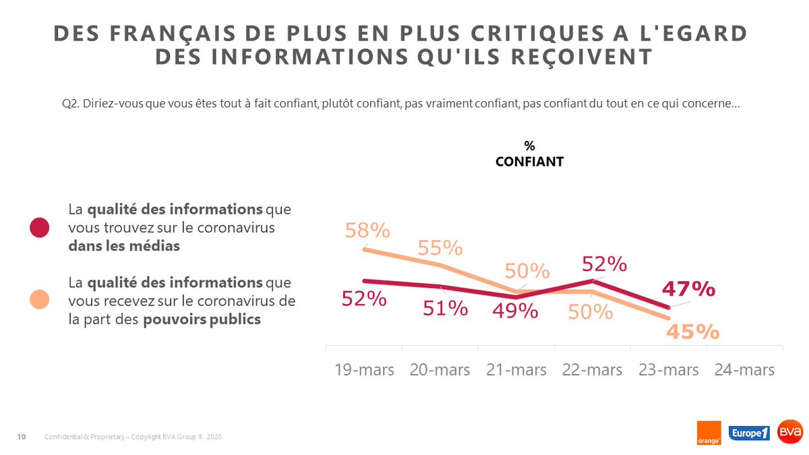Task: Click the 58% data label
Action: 367,231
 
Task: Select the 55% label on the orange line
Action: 440,248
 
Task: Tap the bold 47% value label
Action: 688,289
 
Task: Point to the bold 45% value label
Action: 693,332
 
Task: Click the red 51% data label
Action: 445,308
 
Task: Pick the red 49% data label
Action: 515,311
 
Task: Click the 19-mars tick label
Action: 364,370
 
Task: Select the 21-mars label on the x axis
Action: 516,370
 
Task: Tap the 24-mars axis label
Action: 744,370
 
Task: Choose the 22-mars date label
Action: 592,370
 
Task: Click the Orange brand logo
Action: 709,433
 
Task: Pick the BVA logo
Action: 789,432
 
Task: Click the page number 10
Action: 21,437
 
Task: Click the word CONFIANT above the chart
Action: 529,162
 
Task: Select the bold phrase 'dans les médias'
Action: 124,246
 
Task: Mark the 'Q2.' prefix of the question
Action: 69,104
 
